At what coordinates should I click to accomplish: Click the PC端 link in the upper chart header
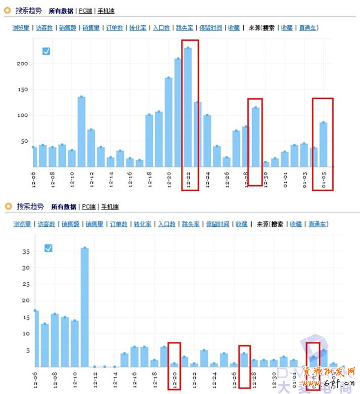point(86,11)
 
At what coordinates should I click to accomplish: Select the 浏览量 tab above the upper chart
point(21,28)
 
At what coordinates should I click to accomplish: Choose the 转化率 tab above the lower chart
point(141,224)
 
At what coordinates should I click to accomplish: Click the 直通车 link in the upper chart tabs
point(308,28)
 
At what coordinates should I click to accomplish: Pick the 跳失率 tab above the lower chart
point(190,224)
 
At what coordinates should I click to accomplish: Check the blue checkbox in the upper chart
point(46,51)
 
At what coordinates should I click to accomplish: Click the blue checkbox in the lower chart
point(48,248)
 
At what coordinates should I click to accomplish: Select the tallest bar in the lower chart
point(84,307)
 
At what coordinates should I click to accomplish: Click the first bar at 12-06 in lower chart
point(35,338)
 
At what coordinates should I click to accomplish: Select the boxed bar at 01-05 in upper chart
point(323,144)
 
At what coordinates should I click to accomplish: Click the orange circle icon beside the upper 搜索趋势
point(8,10)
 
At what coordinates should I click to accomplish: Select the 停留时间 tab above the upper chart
point(210,28)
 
